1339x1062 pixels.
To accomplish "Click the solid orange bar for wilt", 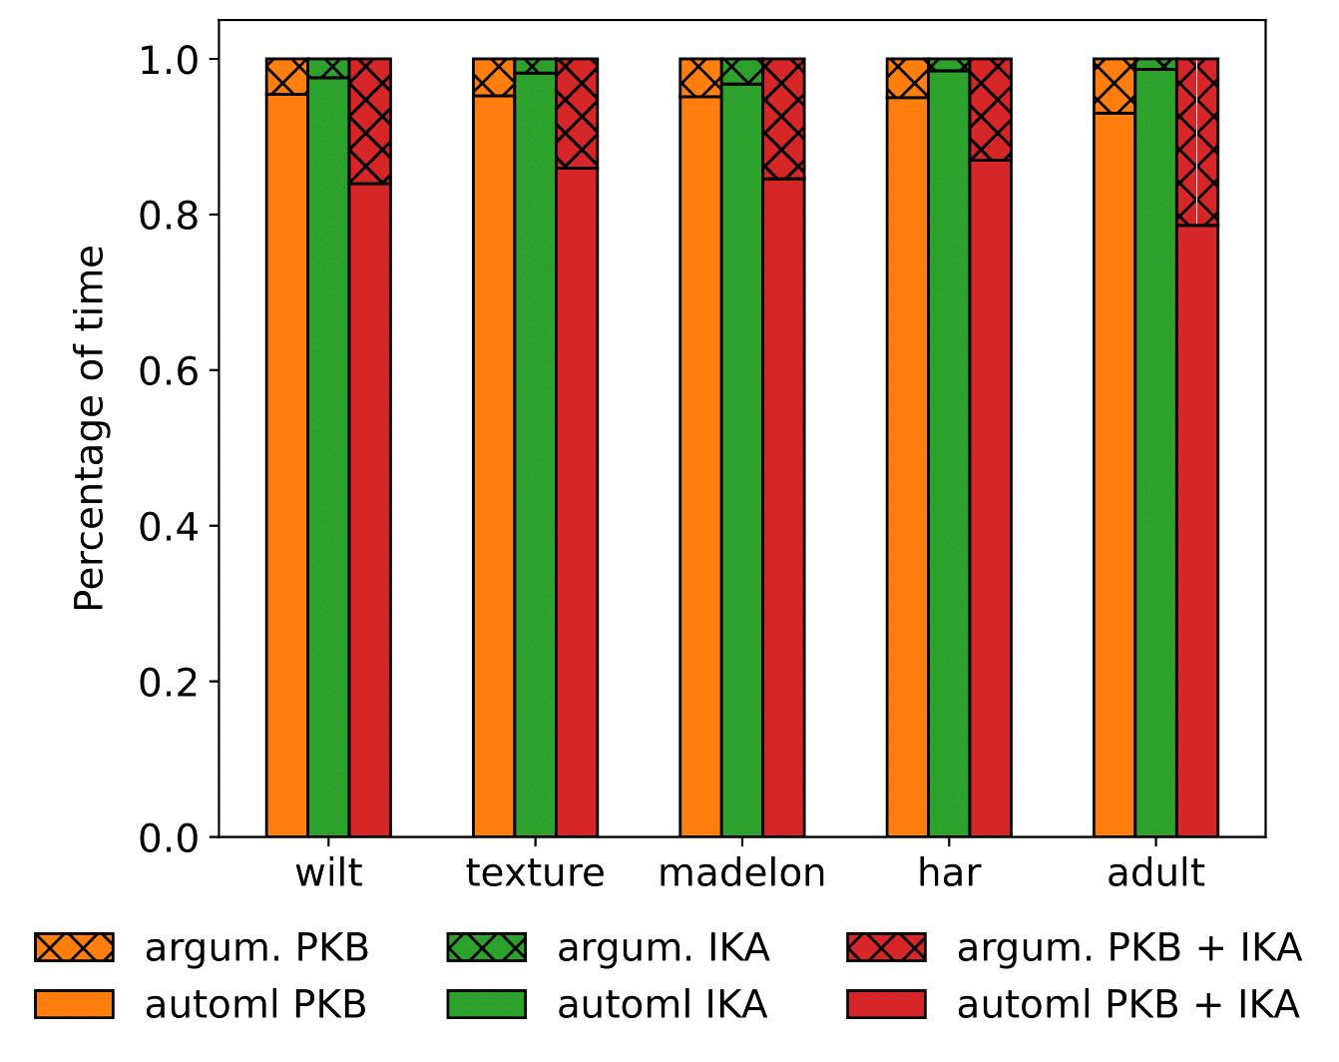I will (x=286, y=464).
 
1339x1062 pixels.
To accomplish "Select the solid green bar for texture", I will (x=535, y=454).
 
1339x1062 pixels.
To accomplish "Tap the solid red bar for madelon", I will (x=783, y=507).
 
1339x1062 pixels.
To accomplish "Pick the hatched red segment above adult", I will (x=1197, y=142).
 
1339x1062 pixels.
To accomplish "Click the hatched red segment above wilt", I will (x=369, y=121).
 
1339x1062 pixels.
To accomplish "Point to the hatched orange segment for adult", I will (x=1114, y=86).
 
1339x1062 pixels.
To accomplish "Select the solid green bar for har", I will (x=949, y=453).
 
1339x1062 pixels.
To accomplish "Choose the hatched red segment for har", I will (x=990, y=109).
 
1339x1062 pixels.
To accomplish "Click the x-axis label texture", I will (x=535, y=873).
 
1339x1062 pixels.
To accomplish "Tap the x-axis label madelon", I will (x=742, y=873).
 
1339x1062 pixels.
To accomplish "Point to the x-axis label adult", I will (x=1156, y=873).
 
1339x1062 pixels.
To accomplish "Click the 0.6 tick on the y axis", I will (x=168, y=371).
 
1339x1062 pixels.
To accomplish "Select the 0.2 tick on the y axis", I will (x=168, y=682).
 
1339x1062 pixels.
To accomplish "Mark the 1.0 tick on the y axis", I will (x=168, y=60).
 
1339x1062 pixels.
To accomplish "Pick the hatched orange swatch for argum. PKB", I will (x=75, y=947).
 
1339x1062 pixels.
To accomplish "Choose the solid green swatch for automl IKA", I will (x=485, y=1003).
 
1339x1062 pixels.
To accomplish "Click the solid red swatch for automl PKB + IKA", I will (x=886, y=1003).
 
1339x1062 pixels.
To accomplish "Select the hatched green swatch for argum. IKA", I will (x=485, y=947).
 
